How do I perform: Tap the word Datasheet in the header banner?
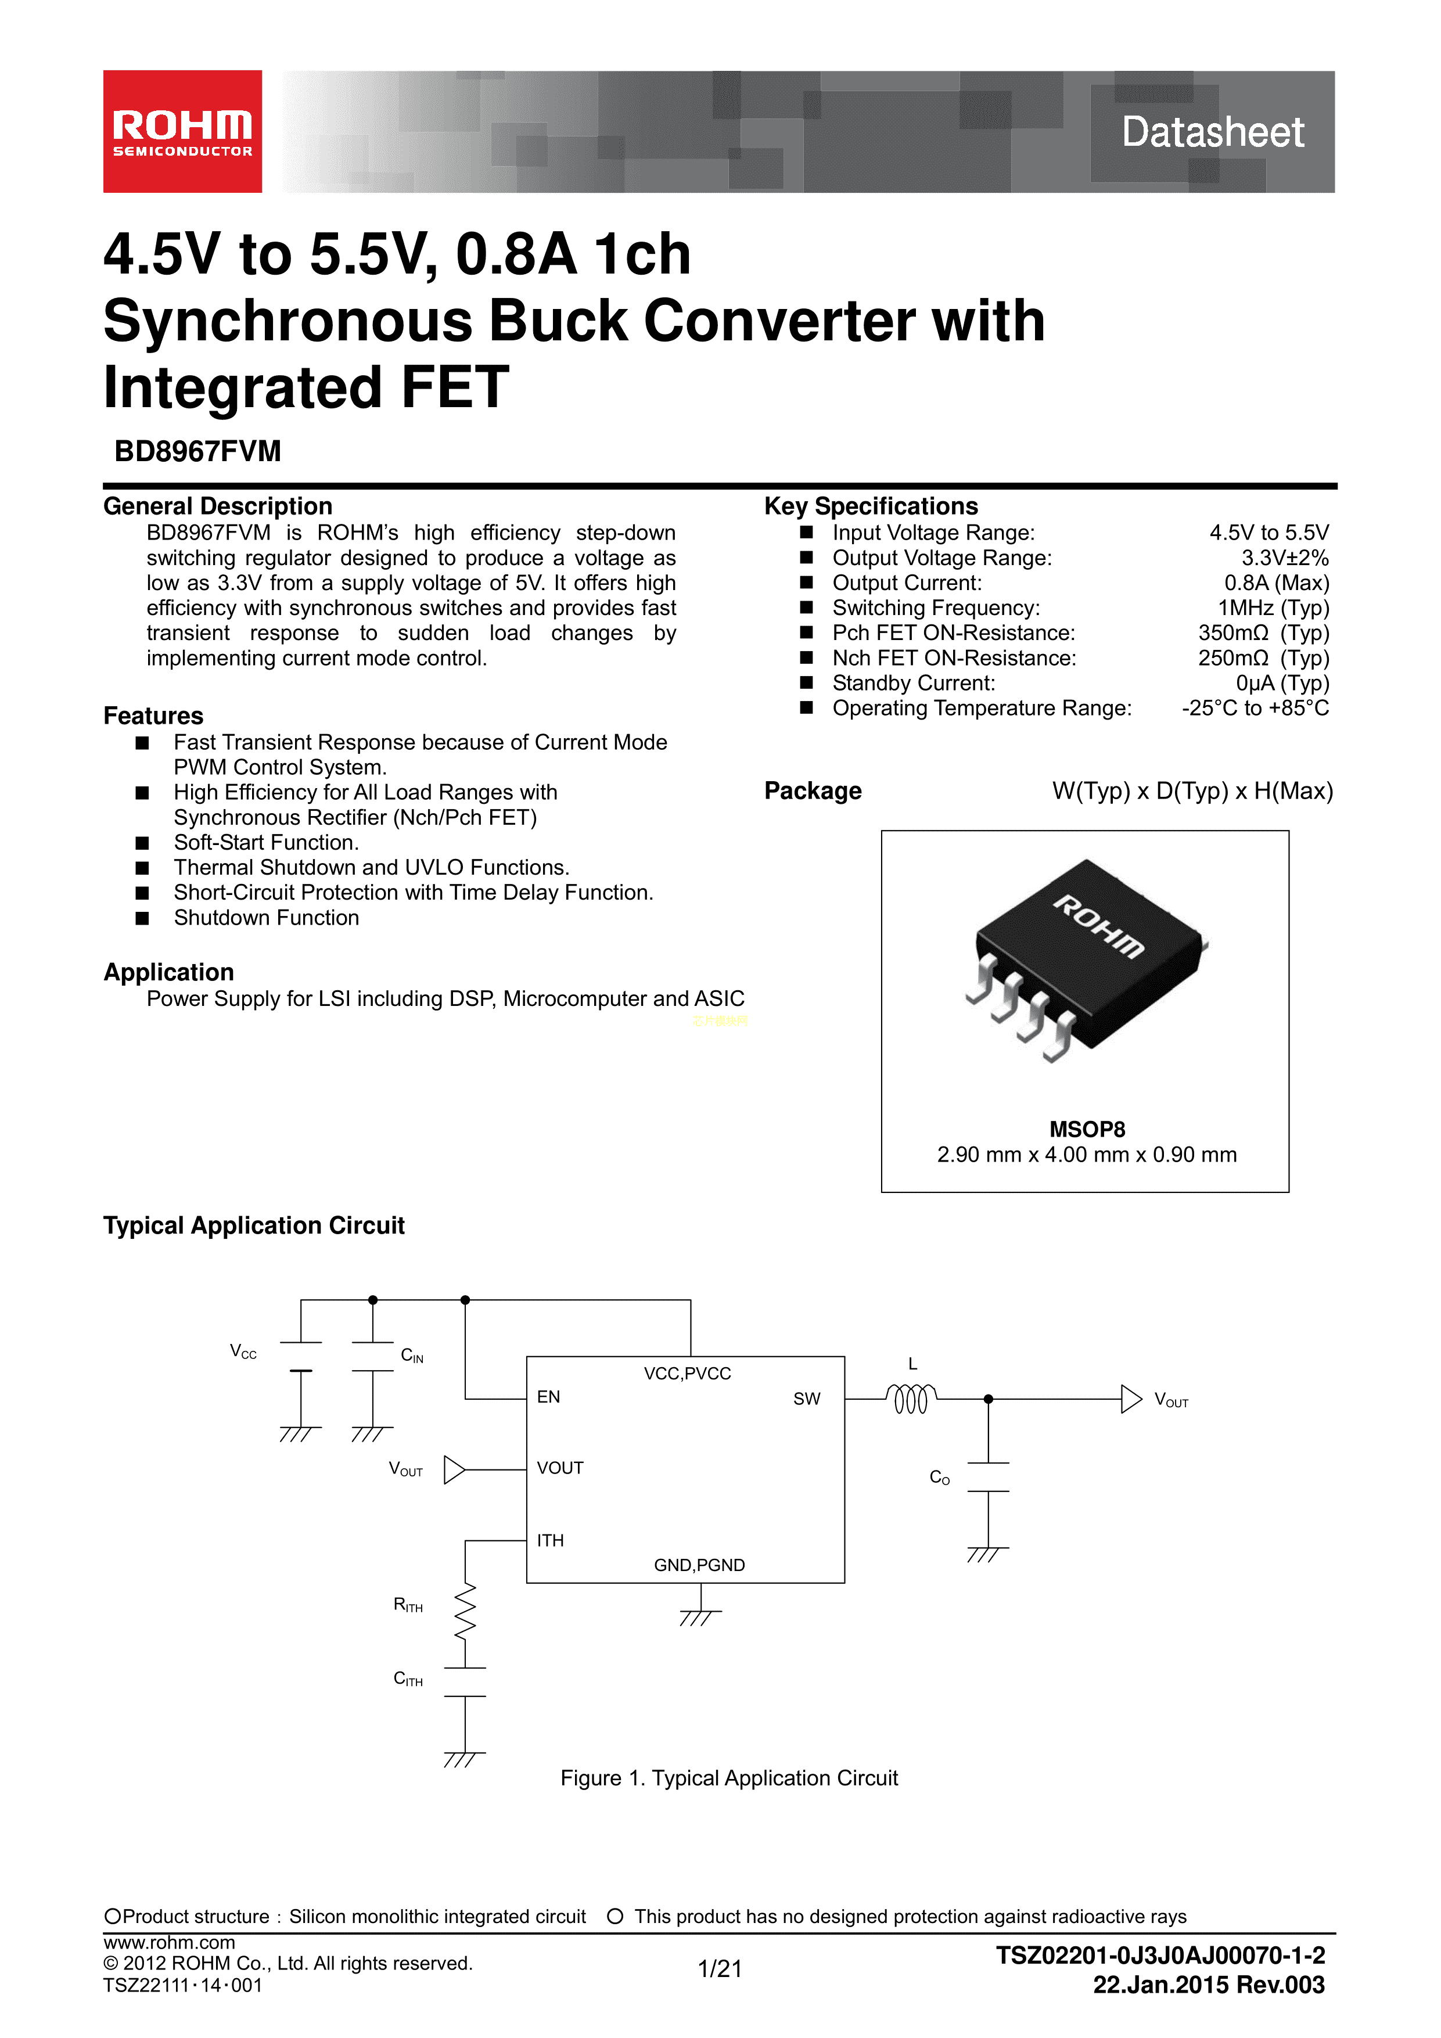[x=1212, y=132]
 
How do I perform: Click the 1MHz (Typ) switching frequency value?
[x=1273, y=608]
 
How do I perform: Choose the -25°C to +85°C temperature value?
[x=1255, y=709]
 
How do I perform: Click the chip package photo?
[x=1087, y=959]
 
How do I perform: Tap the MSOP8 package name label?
[x=1087, y=1129]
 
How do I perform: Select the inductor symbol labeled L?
[x=911, y=1399]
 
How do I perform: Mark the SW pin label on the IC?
[x=806, y=1399]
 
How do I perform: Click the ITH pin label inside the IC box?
[x=551, y=1541]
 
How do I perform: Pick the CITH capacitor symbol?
[x=465, y=1682]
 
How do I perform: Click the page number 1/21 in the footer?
[x=719, y=1969]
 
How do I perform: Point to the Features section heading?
[x=153, y=716]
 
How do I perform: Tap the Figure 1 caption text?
[x=729, y=1778]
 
